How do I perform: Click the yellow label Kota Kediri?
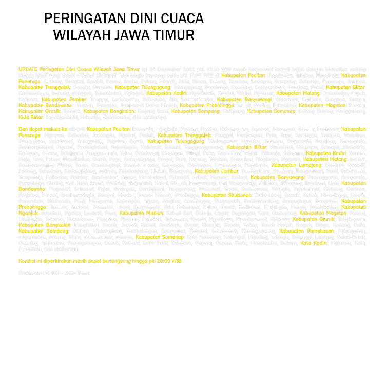314,243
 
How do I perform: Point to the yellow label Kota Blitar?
31,117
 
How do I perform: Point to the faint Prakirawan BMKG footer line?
54,273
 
